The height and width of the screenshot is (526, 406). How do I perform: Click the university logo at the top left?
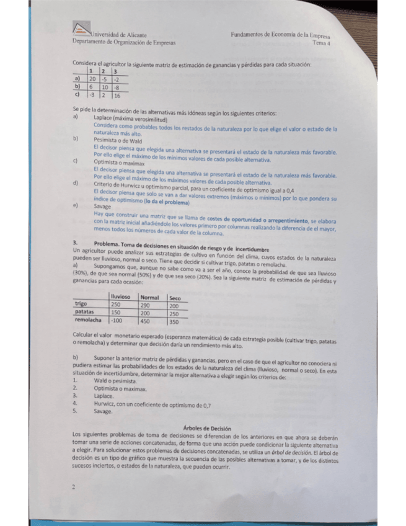click(81, 30)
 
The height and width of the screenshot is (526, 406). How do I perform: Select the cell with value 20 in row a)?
click(92, 79)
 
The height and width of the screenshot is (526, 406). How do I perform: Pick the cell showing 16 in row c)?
click(117, 96)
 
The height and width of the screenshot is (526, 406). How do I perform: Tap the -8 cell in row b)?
click(117, 87)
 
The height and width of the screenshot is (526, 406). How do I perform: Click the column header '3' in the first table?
click(115, 72)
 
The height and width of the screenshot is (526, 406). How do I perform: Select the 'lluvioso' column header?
click(121, 297)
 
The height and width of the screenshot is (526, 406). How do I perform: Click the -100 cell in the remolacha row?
click(116, 321)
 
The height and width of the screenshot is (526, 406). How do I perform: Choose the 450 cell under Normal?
click(147, 321)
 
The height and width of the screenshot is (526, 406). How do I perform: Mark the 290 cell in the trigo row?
click(146, 305)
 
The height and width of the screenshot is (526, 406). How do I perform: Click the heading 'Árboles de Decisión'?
click(208, 429)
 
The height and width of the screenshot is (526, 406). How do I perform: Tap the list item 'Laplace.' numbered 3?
click(104, 395)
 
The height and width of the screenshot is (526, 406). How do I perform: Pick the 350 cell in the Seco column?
click(175, 321)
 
